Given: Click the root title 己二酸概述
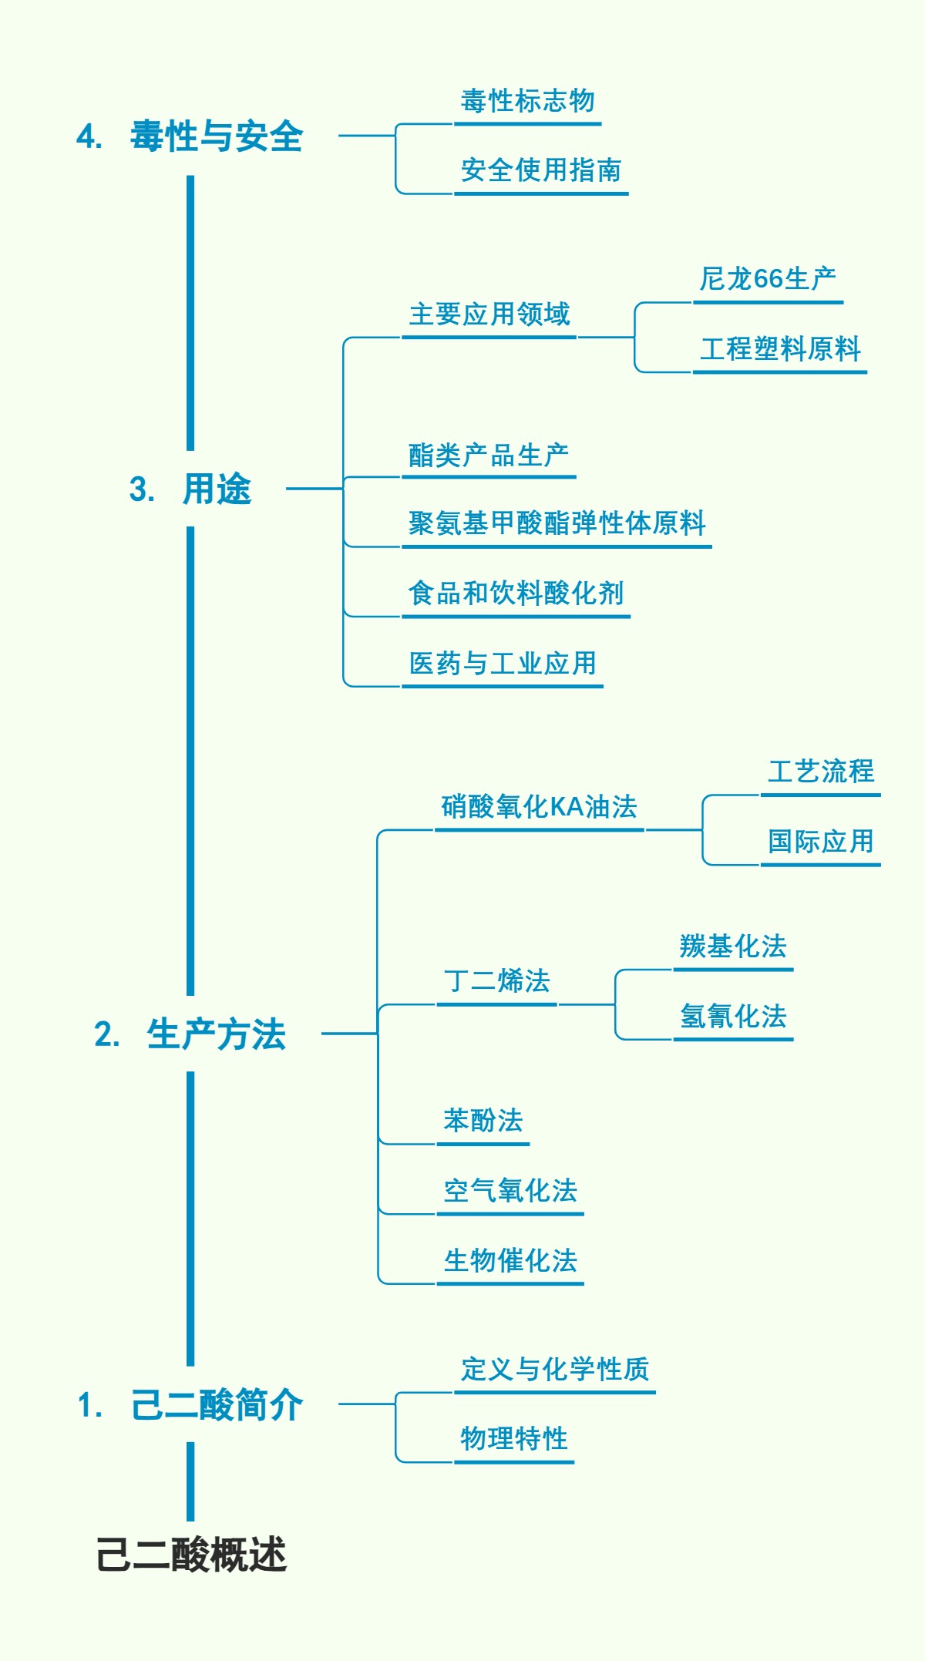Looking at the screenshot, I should (x=191, y=1554).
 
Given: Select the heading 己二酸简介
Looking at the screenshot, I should (x=216, y=1404).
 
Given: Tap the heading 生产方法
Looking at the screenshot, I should (x=216, y=1034).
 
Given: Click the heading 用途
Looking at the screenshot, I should (x=217, y=489).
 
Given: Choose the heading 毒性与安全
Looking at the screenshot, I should (x=216, y=136).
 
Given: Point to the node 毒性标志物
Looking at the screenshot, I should (x=527, y=101).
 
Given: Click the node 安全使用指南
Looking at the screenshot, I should (x=540, y=170).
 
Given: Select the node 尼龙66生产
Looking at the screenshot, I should (x=767, y=279).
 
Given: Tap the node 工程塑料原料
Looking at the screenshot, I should (x=779, y=349).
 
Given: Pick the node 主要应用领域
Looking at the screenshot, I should (x=489, y=314).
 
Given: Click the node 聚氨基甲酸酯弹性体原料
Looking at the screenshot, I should (x=557, y=523).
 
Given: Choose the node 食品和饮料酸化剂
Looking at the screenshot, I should (x=516, y=593).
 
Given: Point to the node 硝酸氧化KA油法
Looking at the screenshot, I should (x=539, y=807).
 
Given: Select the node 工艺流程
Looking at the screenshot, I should (x=820, y=772).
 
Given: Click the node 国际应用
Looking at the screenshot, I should (x=820, y=842).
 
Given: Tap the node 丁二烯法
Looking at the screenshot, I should (x=496, y=981).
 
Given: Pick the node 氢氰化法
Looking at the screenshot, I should (x=733, y=1017).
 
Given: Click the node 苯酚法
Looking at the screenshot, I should (x=483, y=1121).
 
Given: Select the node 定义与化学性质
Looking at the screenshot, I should (x=554, y=1370).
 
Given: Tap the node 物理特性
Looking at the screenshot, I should (x=513, y=1439).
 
